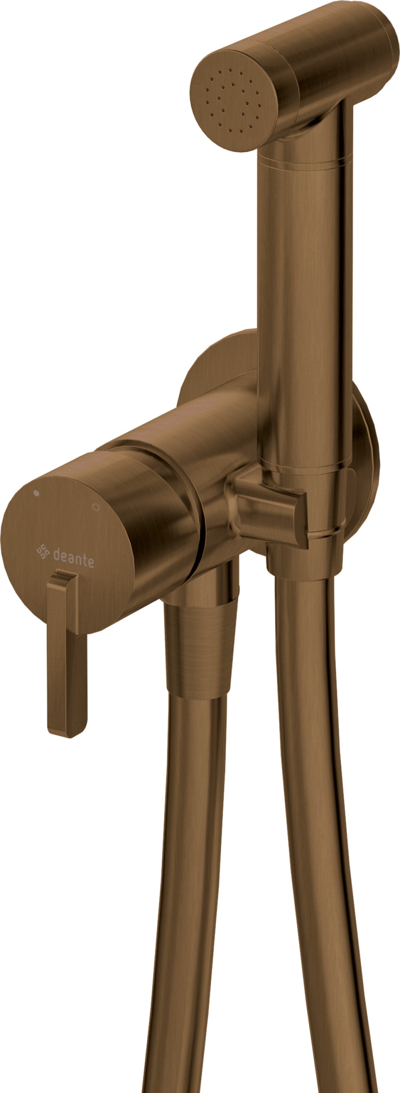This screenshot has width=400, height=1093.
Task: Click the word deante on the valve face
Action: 74,558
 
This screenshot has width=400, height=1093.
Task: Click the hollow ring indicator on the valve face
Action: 96,507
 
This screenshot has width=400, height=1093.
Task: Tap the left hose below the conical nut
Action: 187,848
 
